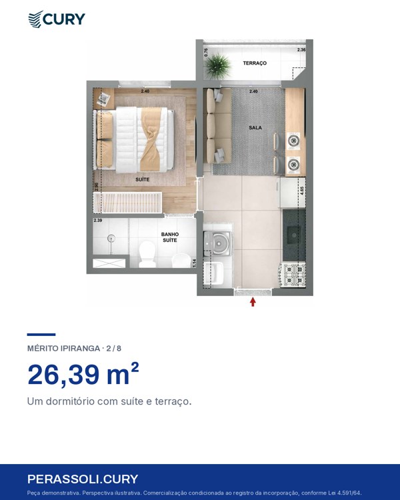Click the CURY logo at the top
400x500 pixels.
tap(57, 19)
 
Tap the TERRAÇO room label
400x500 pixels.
tap(255, 63)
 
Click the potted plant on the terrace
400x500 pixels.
tap(218, 66)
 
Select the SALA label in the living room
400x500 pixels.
tap(255, 127)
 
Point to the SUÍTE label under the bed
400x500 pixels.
tap(142, 179)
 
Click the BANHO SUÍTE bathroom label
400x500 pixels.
tap(170, 237)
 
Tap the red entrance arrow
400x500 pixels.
tap(253, 301)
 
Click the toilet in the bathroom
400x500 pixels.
tap(147, 254)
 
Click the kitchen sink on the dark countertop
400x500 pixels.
tap(293, 235)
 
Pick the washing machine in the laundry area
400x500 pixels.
tap(218, 243)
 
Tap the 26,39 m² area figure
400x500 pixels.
tap(83, 374)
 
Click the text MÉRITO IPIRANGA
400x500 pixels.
tap(63, 348)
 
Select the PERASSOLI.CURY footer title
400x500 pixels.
tap(83, 479)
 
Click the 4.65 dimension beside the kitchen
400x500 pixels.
tap(302, 191)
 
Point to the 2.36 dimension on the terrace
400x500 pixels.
tap(301, 50)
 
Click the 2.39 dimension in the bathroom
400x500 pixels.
tap(98, 221)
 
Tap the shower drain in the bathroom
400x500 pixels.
tap(111, 237)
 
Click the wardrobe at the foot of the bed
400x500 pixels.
tap(127, 203)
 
